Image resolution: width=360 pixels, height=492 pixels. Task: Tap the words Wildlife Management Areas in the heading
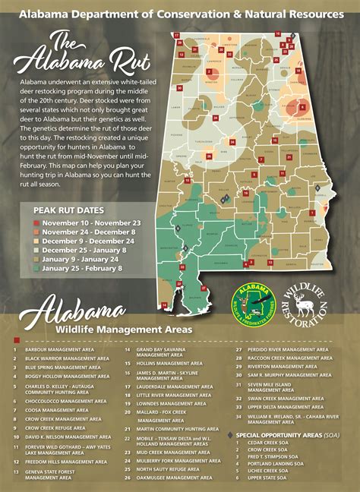[118, 330]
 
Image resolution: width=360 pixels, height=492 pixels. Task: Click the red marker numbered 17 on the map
[176, 35]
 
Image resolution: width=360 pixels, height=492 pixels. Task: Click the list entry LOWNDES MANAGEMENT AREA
[163, 404]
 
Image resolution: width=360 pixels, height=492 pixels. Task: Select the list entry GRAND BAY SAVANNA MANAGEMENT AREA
[161, 352]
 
